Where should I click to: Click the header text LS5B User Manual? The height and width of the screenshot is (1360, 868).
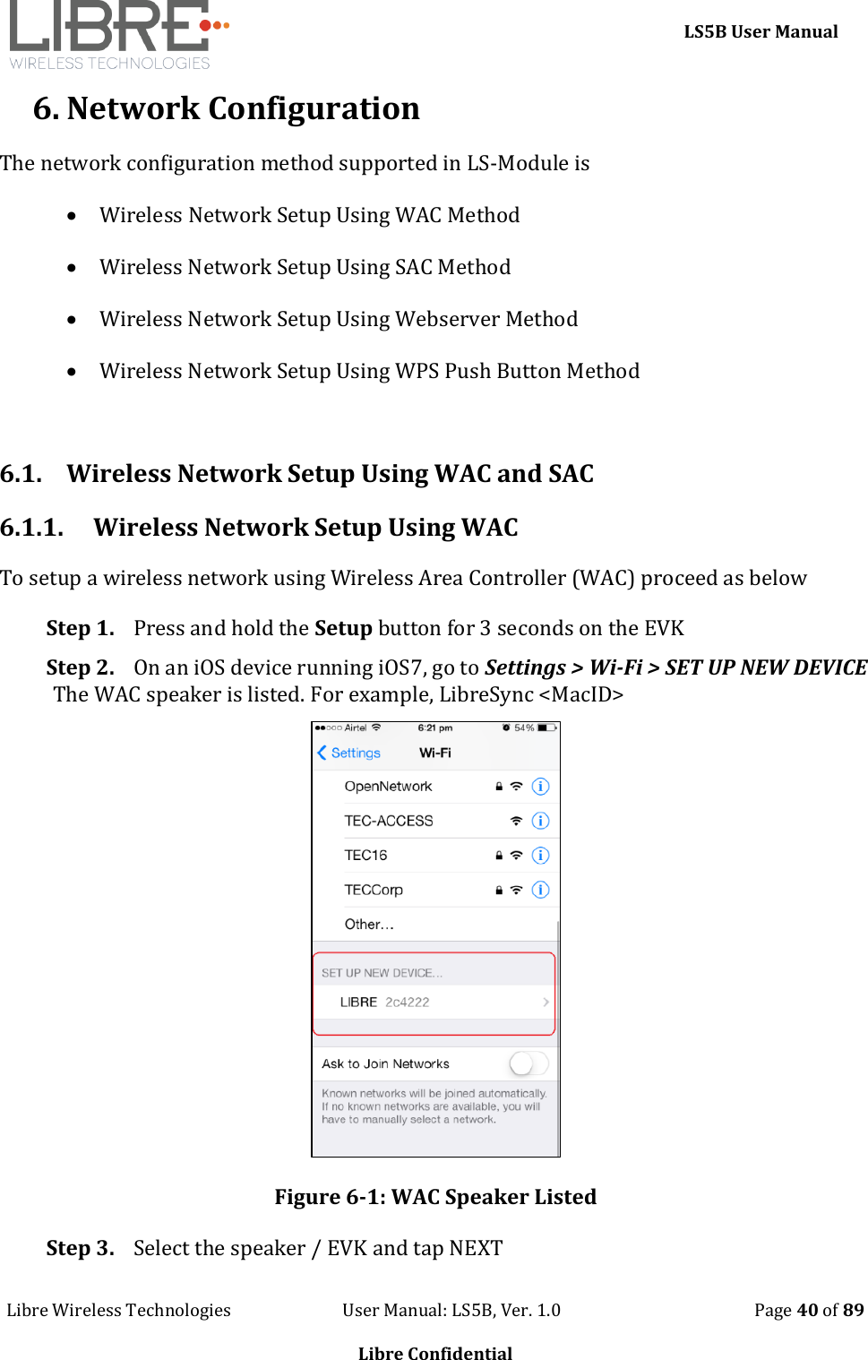[761, 31]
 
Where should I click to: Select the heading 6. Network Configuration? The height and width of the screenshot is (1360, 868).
[226, 108]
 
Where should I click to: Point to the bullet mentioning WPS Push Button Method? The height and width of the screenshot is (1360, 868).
[369, 371]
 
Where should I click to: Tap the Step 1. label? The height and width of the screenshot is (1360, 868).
[80, 628]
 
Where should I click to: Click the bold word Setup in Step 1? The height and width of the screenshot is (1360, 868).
[343, 628]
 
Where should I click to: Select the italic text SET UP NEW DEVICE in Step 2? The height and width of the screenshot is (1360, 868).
[765, 667]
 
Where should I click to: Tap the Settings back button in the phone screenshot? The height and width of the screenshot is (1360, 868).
[349, 753]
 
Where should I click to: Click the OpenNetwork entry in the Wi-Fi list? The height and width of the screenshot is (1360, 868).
[388, 787]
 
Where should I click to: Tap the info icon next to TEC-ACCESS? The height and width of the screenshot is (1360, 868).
[540, 821]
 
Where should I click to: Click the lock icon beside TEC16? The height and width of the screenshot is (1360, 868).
[499, 856]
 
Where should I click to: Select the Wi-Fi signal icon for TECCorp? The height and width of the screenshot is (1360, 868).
[516, 890]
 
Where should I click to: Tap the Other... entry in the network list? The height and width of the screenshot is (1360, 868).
[369, 925]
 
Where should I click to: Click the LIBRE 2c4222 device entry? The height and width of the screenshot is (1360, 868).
[385, 1002]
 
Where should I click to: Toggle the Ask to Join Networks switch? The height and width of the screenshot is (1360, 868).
[528, 1063]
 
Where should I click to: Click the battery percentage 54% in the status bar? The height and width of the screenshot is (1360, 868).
[524, 728]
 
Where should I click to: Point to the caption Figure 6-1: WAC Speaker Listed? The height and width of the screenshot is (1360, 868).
[435, 1197]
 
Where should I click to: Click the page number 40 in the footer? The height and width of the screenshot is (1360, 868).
[807, 1310]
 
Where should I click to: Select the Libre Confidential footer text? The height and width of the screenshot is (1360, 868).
[435, 1353]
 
